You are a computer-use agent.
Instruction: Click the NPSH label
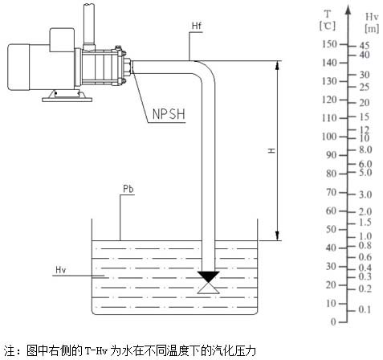point(169,114)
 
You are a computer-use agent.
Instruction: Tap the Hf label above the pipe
point(197,26)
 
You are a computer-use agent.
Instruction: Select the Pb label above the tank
point(128,189)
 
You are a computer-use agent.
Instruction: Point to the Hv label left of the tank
point(61,270)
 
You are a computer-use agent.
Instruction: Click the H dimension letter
point(272,150)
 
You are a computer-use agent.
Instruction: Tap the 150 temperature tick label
point(329,44)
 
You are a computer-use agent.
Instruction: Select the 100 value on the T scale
point(329,137)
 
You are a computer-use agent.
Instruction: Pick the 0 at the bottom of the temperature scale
point(333,321)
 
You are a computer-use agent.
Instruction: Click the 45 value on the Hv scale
point(365,46)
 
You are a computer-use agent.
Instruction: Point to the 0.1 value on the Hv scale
point(365,309)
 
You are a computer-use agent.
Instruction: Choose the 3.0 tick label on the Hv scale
point(365,194)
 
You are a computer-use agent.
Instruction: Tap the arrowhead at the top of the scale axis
point(348,10)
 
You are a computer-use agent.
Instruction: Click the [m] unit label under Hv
point(372,28)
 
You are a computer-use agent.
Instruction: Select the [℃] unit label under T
point(328,26)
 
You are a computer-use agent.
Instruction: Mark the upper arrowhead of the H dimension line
point(278,65)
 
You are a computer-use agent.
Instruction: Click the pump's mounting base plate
point(67,100)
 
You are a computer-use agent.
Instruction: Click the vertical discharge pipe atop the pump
point(89,26)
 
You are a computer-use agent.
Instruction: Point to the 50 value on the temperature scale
point(331,229)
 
